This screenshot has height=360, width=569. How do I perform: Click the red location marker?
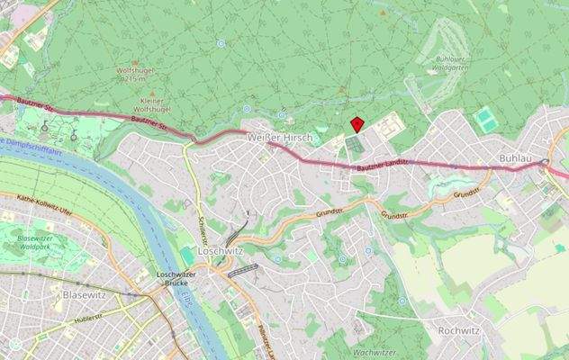click(x=357, y=124)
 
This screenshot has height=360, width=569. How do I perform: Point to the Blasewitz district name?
click(x=86, y=294)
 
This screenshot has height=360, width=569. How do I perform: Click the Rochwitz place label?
click(x=458, y=330)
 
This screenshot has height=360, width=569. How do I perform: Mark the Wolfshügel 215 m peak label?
click(x=137, y=74)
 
